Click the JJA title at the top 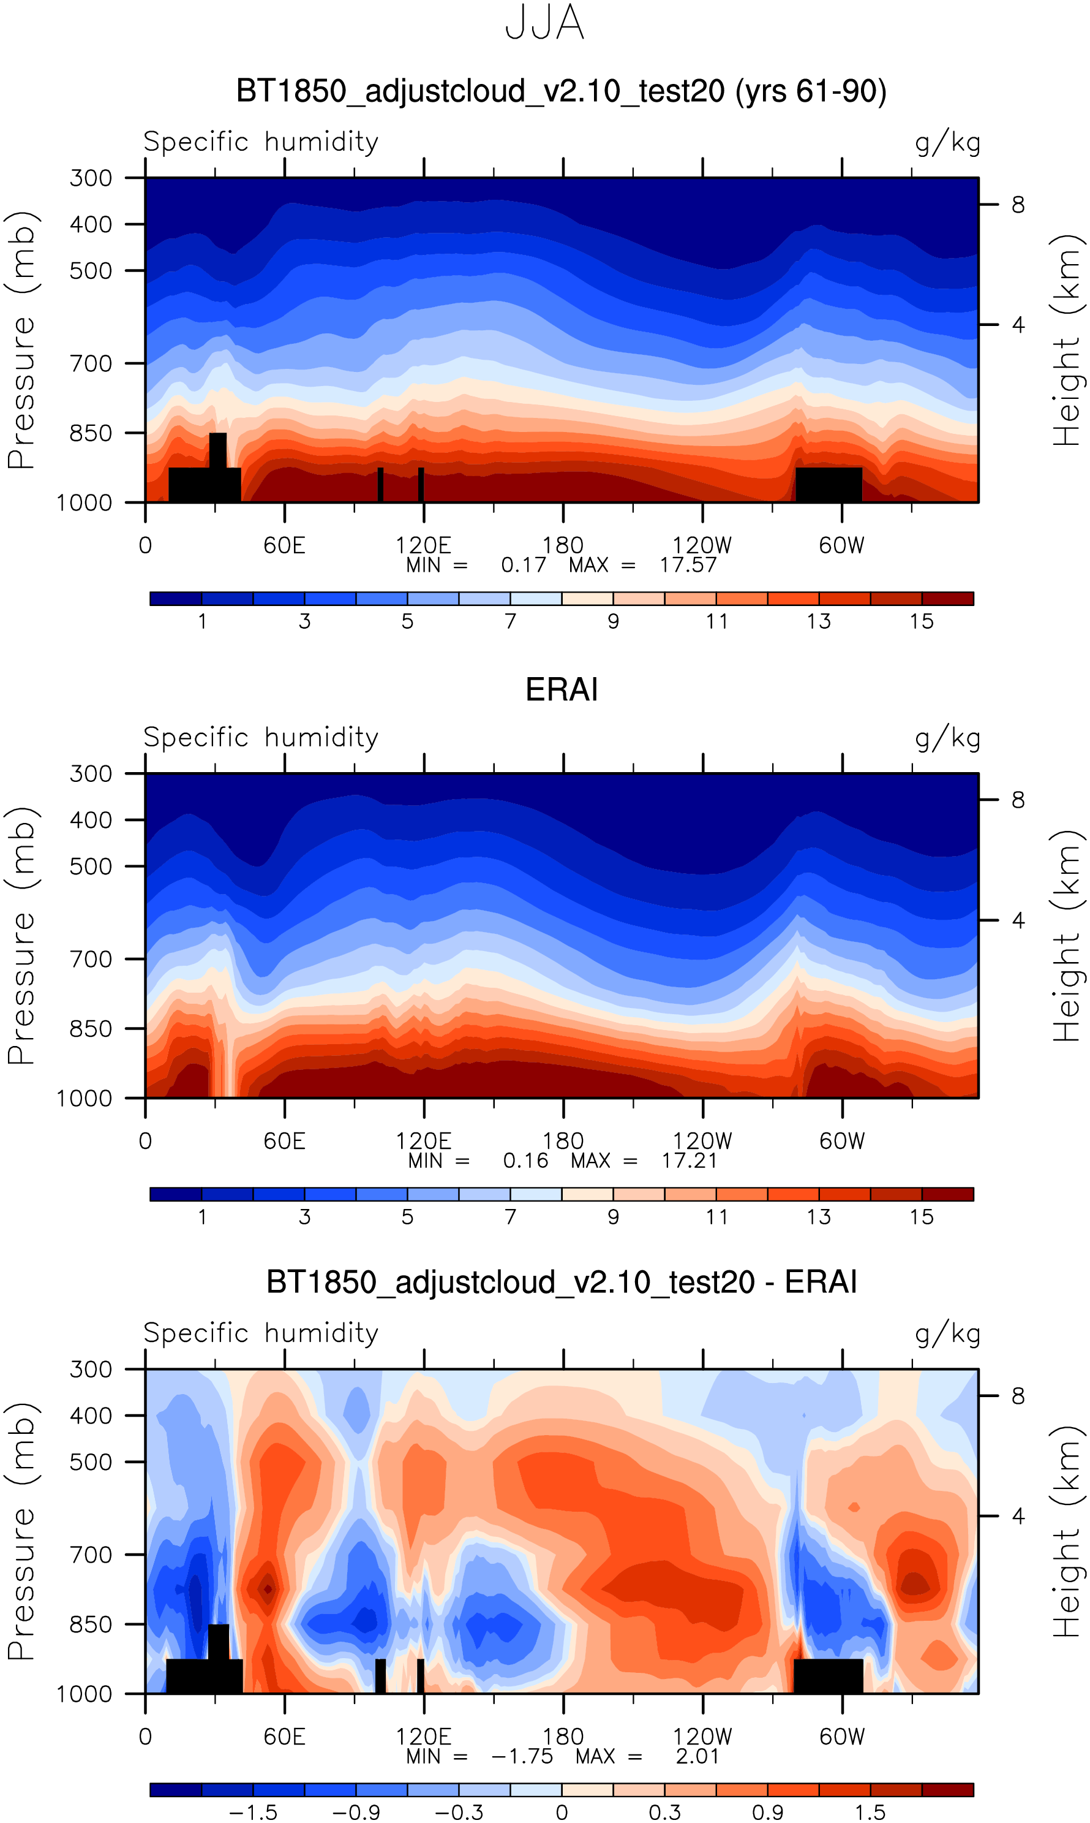(x=544, y=23)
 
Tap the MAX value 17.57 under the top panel (x=688, y=565)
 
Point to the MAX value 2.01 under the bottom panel (x=697, y=1756)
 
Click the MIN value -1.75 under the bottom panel (x=522, y=1756)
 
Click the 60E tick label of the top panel (x=284, y=545)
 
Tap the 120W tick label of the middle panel (x=702, y=1141)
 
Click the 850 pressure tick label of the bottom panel (x=91, y=1624)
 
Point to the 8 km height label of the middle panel (x=1018, y=800)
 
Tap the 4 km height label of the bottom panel (x=1018, y=1515)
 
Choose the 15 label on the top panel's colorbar (x=921, y=621)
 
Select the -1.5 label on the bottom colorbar (x=253, y=1812)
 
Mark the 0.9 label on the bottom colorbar (x=767, y=1812)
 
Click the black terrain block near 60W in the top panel (x=829, y=484)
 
